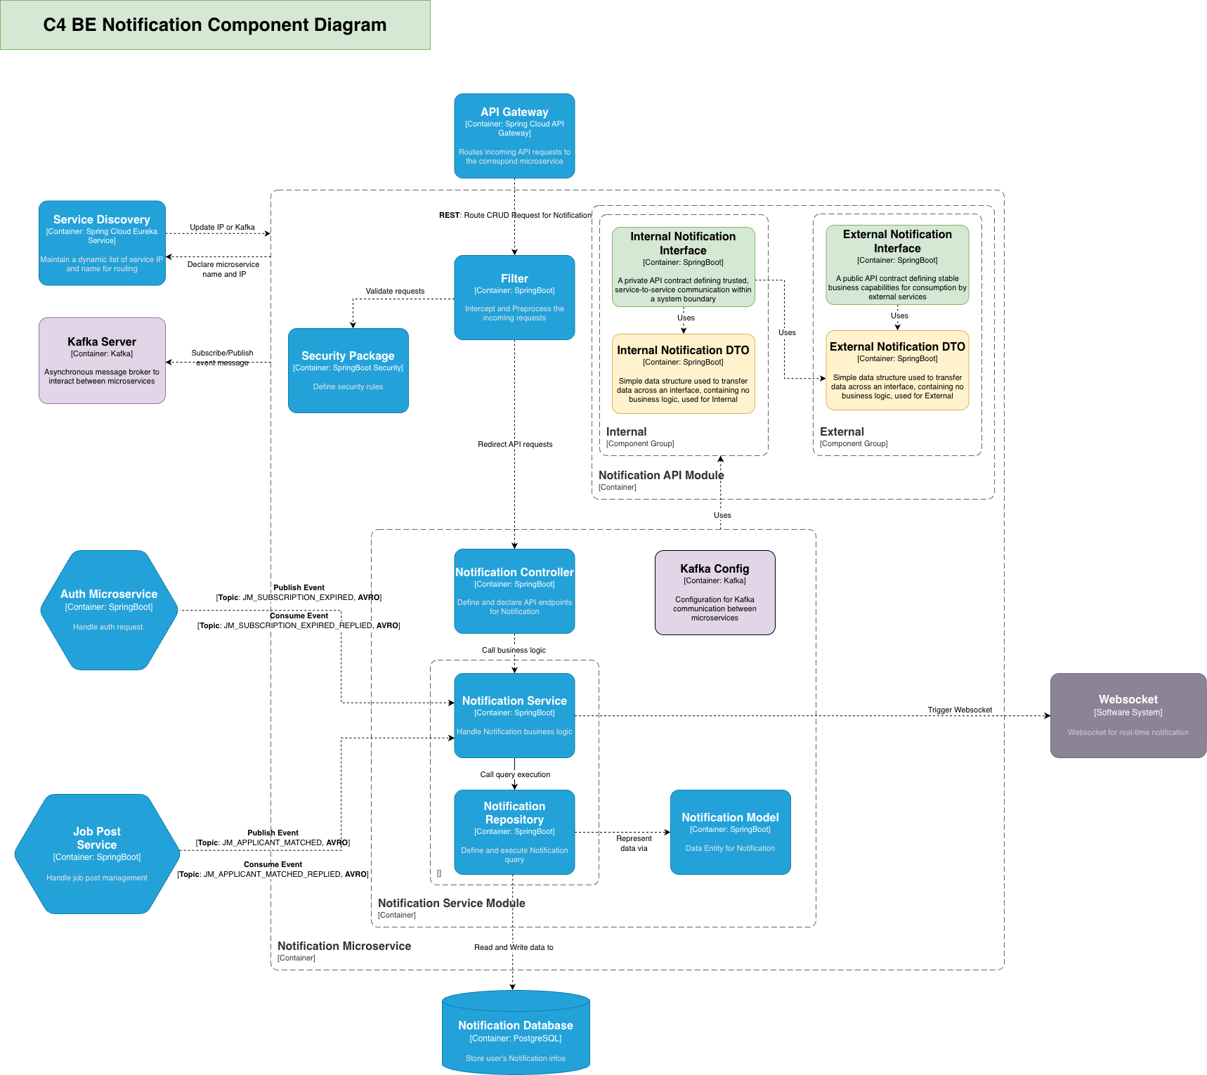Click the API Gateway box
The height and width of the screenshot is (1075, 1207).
(514, 136)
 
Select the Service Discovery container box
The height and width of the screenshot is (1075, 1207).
(102, 243)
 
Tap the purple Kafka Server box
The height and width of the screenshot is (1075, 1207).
(102, 360)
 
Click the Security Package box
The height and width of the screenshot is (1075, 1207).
(348, 370)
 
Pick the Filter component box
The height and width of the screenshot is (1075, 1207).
(514, 297)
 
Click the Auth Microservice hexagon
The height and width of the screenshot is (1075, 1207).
(109, 610)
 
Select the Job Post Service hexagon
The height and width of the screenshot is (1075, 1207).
(97, 854)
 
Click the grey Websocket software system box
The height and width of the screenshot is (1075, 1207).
(1128, 715)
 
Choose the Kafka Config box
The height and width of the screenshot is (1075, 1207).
(715, 592)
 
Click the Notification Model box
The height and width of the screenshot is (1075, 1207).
(730, 832)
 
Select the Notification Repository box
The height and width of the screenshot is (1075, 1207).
(514, 832)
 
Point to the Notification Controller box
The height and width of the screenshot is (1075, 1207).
(514, 591)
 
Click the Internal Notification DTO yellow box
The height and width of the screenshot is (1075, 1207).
(683, 374)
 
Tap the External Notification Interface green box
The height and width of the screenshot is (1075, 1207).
(897, 265)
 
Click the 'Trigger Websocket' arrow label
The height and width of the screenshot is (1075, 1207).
(960, 710)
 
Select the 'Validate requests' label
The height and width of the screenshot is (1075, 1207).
(395, 291)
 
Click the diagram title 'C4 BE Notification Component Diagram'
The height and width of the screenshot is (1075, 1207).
(215, 25)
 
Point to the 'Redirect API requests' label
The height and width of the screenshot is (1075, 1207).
(515, 444)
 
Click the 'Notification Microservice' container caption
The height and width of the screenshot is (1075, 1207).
(344, 946)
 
